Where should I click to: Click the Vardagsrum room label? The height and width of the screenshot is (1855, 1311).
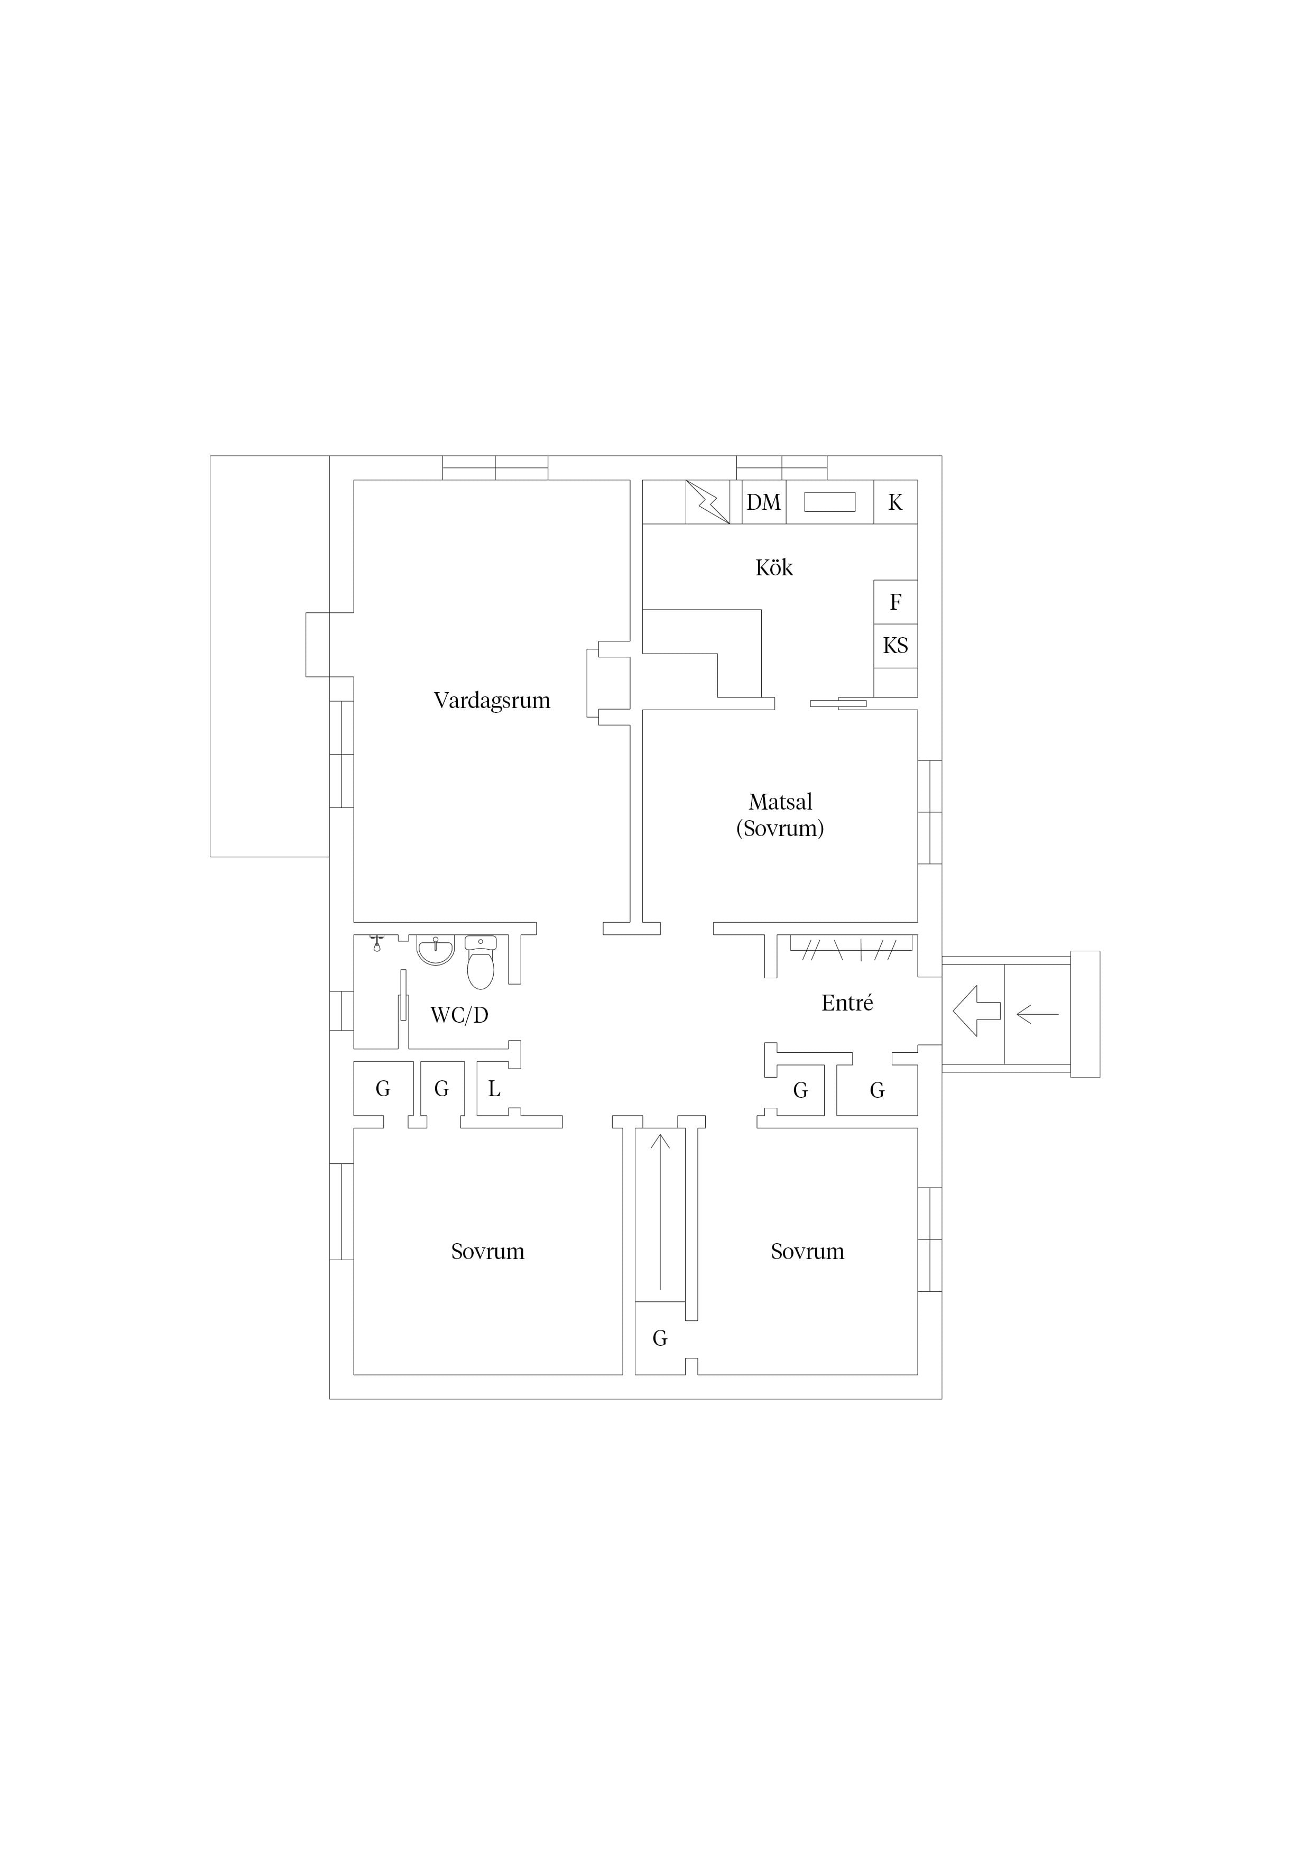point(492,701)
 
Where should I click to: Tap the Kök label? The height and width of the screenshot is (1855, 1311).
point(774,567)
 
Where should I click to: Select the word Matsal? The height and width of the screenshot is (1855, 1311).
point(780,802)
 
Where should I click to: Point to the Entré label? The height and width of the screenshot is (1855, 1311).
point(847,1003)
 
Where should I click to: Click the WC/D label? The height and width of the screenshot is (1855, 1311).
point(459,1015)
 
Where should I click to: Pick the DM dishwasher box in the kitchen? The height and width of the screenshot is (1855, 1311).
point(763,502)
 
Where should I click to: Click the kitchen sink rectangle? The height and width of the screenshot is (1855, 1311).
point(829,502)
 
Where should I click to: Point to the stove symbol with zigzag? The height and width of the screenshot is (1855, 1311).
point(708,502)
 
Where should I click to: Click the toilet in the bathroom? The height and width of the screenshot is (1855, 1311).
point(481,962)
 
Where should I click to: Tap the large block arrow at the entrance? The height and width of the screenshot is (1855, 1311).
point(976,1011)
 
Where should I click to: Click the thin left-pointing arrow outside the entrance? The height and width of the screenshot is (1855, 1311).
point(1037,1013)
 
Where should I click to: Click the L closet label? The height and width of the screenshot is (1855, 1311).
point(494,1089)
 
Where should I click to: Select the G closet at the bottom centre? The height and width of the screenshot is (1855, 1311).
point(660,1339)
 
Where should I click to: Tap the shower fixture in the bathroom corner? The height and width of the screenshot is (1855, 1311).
point(376,943)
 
